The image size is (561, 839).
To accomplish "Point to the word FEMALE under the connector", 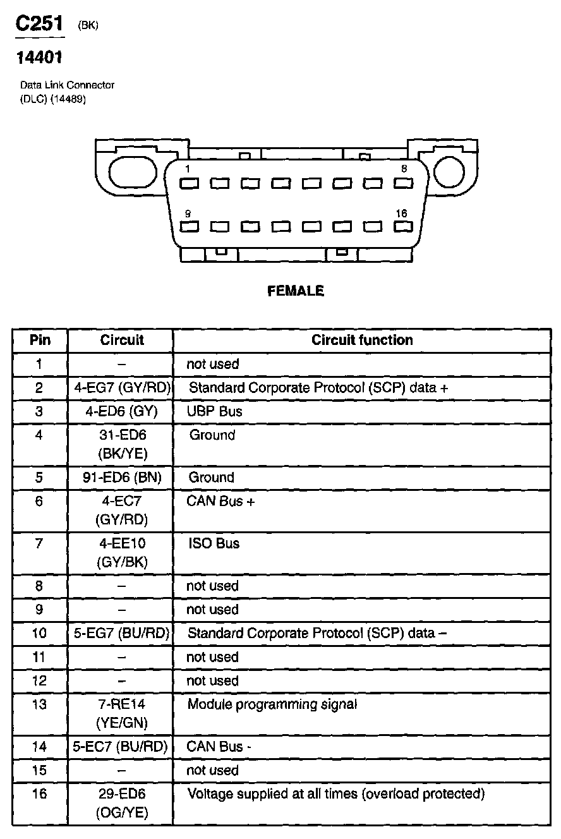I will coord(296,291).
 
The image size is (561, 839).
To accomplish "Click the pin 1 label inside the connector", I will coord(188,169).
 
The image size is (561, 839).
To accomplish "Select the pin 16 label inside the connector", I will coord(402,214).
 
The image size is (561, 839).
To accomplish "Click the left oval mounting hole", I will coord(131,172).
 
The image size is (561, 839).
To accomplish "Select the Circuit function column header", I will coord(362,340).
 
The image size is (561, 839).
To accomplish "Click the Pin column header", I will coord(40,340).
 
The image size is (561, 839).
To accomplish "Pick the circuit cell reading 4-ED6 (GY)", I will coord(121,411).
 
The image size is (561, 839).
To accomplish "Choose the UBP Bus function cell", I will coord(215,411).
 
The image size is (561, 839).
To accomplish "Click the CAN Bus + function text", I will coord(220,502).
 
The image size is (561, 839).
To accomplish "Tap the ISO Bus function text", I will coord(214,543).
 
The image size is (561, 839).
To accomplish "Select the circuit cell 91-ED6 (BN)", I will coord(121,478).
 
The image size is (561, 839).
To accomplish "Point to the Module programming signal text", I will coord(272,704).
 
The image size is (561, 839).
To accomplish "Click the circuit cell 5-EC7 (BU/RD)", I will coord(121,746).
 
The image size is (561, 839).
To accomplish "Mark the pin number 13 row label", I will coord(39,704).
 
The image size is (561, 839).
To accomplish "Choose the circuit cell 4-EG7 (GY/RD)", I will coord(121,387).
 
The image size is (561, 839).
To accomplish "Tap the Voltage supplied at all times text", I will coord(335,794).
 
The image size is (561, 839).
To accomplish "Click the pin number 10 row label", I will coord(39,633).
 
